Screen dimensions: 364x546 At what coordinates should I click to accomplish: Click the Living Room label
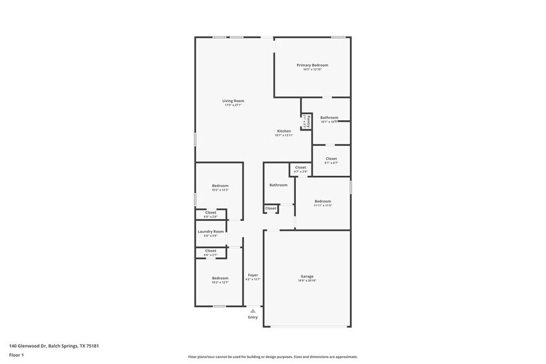click(x=233, y=101)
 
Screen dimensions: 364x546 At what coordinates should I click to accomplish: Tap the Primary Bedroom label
click(x=312, y=65)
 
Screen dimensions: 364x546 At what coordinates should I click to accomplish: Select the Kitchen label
click(x=284, y=131)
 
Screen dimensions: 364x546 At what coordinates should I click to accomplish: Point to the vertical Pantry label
click(x=308, y=121)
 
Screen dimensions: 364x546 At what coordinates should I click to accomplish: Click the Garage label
click(x=307, y=276)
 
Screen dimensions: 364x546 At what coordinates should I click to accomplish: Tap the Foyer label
click(x=253, y=275)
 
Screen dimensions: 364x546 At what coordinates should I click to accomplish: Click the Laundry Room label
click(x=210, y=232)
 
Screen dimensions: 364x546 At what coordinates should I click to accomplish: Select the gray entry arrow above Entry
click(x=253, y=311)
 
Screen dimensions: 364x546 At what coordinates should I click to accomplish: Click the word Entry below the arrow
click(x=253, y=318)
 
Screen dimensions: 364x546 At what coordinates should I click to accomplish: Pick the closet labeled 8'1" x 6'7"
click(x=331, y=158)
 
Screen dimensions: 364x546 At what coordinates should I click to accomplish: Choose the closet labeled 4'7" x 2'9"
click(x=300, y=167)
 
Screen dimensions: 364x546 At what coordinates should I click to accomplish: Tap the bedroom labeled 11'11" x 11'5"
click(x=323, y=201)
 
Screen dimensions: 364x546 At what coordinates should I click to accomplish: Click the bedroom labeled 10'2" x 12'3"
click(x=220, y=186)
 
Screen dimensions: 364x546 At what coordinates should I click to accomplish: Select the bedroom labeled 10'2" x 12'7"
click(x=220, y=278)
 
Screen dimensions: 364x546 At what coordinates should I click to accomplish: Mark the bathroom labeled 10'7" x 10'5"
click(x=329, y=118)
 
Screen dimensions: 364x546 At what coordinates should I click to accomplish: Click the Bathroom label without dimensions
click(x=278, y=185)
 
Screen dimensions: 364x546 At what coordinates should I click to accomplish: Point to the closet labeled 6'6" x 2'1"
click(x=210, y=251)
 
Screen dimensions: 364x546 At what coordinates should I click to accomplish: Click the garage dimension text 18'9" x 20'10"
click(x=307, y=281)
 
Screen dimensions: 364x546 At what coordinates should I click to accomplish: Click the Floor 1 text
click(x=16, y=355)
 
